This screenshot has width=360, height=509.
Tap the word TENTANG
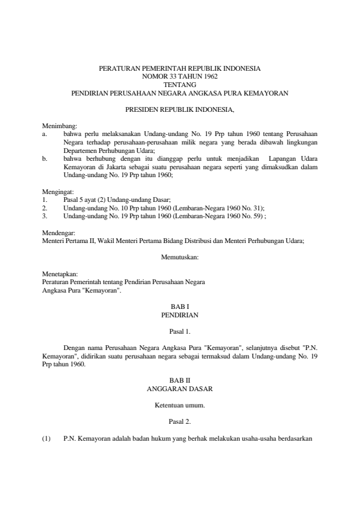[180, 85]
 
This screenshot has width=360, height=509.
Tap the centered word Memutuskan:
[180, 258]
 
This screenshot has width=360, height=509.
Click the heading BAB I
[180, 307]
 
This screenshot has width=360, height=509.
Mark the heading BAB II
[180, 379]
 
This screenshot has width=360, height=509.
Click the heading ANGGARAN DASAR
[180, 387]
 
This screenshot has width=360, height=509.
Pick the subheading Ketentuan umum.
[180, 403]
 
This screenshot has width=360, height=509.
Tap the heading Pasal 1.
[180, 331]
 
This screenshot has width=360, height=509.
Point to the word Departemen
[80, 149]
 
